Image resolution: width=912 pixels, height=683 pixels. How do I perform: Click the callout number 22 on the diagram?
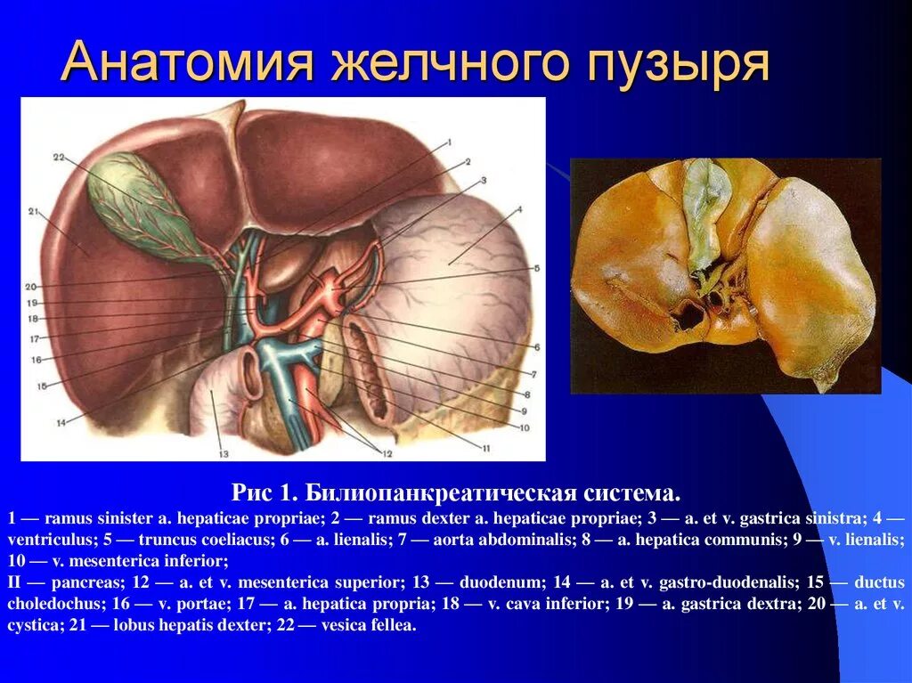[x=59, y=158]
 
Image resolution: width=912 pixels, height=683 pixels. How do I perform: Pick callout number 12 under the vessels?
[x=387, y=453]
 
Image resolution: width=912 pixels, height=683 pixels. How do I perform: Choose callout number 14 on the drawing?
[x=61, y=422]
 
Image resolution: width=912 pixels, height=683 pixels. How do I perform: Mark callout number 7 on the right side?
[x=533, y=375]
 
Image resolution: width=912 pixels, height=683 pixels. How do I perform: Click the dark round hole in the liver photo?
[x=688, y=315]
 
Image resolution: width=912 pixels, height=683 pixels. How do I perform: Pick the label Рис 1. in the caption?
[x=265, y=492]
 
